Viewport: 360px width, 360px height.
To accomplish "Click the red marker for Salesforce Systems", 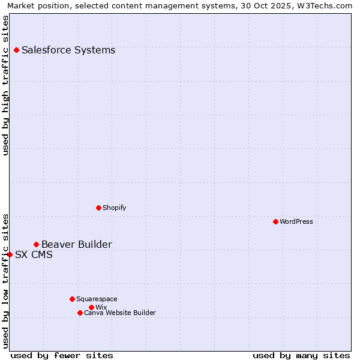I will click(16, 50).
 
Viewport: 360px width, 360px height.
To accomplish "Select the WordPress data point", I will click(275, 221).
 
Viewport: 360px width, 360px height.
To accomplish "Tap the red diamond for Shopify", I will click(98, 208).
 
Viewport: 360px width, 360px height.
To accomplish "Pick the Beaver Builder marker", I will click(36, 244).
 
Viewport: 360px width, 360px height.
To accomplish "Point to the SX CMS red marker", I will click(10, 254).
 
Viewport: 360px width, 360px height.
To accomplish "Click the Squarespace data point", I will click(72, 299).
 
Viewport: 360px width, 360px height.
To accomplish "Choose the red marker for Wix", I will click(91, 307).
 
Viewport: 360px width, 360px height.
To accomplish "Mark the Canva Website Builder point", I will click(80, 313).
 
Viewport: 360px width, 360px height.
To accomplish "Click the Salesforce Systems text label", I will click(68, 50).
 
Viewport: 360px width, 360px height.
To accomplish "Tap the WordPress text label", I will click(296, 221).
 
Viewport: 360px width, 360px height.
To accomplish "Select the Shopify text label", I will click(114, 208).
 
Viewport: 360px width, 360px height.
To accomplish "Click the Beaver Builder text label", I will click(76, 244).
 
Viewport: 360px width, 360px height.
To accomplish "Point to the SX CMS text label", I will click(34, 254).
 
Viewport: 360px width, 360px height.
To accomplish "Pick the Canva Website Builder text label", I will click(120, 313).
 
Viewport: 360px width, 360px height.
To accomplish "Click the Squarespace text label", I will click(97, 299).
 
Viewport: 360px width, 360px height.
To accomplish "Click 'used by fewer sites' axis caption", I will click(62, 355).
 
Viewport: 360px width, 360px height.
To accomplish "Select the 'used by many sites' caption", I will click(301, 355).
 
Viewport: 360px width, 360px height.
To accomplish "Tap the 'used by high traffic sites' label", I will click(6, 85).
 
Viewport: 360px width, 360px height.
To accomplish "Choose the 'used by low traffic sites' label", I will click(6, 280).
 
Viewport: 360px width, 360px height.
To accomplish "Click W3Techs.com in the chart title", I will click(329, 6).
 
